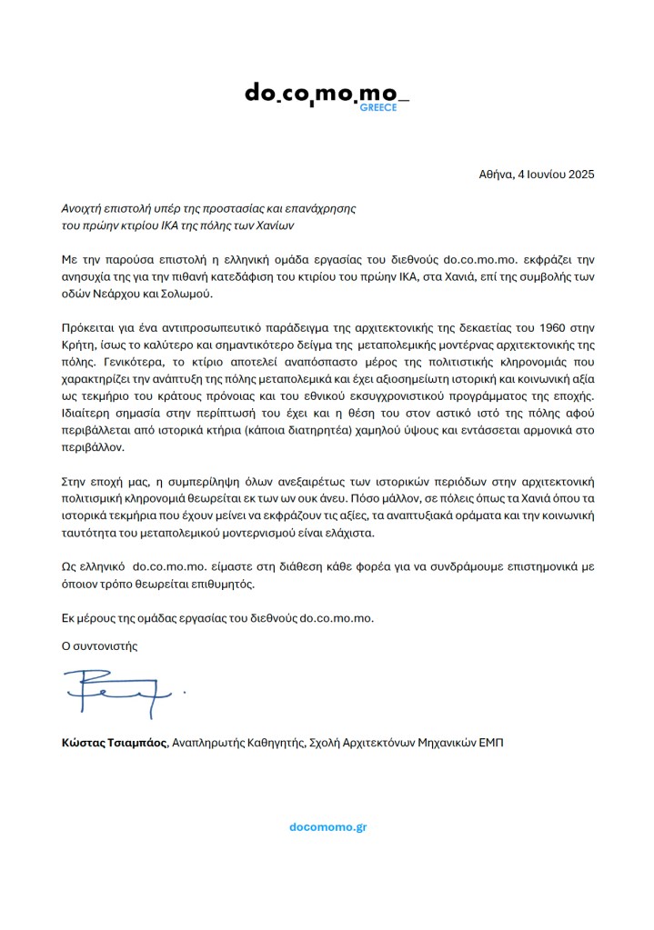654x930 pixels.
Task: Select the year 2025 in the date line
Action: [x=578, y=174]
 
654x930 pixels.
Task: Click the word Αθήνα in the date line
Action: [x=497, y=174]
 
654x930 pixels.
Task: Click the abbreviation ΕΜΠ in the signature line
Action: [x=487, y=743]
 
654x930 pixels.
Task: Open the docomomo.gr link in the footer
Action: [x=327, y=827]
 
